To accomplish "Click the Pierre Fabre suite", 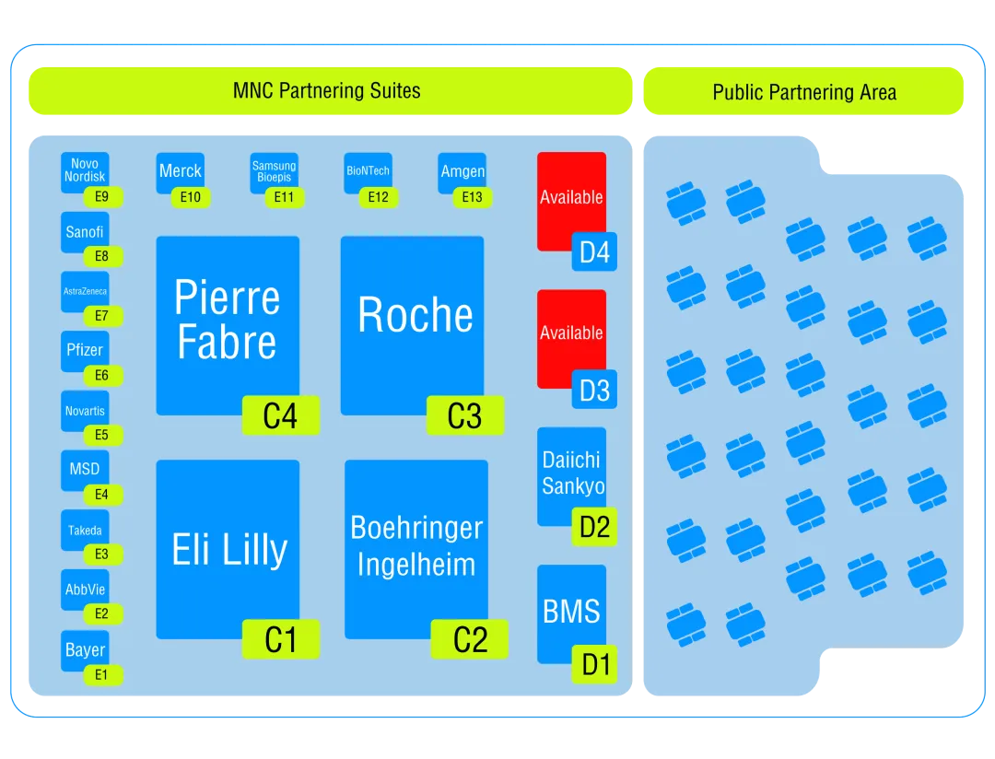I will point(228,318).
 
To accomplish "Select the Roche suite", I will point(412,315).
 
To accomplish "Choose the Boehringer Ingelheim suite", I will point(416,545).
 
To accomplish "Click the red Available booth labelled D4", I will point(571,197).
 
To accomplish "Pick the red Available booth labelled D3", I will point(571,333).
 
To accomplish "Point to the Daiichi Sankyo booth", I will point(571,473).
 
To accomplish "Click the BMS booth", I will point(571,612).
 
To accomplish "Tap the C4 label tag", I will point(280,416).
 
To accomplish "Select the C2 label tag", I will point(469,640).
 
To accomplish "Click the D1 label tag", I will point(595,664).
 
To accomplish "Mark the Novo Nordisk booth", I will point(85,170).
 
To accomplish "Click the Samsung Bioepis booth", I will point(274,171).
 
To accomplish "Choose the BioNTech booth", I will point(368,171).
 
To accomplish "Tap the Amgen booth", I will point(462,171).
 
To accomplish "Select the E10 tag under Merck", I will point(191,197).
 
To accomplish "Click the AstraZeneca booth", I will point(85,291).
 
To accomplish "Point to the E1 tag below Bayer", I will point(101,675).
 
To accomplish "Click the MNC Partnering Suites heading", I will point(327,91).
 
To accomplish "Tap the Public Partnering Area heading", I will point(803,92).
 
